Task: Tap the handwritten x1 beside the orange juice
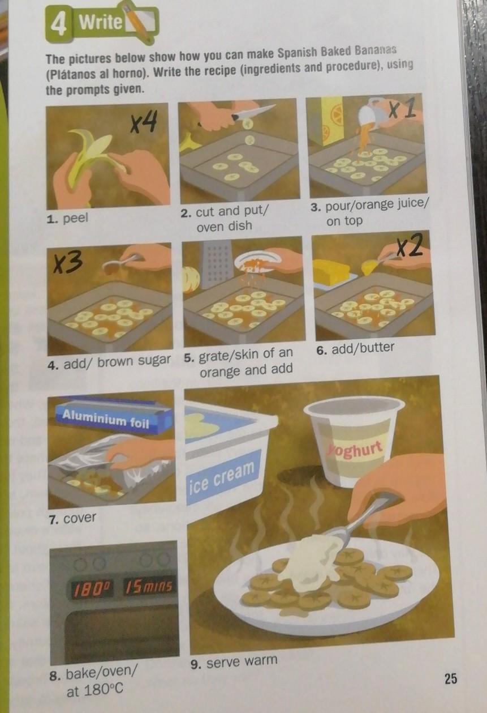click(403, 109)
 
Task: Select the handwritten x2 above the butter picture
click(411, 246)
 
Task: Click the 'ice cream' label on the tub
click(222, 476)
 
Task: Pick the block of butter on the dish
click(331, 273)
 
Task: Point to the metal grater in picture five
click(216, 264)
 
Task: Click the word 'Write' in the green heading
click(101, 22)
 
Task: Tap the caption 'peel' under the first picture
click(75, 219)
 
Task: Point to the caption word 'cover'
click(80, 518)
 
